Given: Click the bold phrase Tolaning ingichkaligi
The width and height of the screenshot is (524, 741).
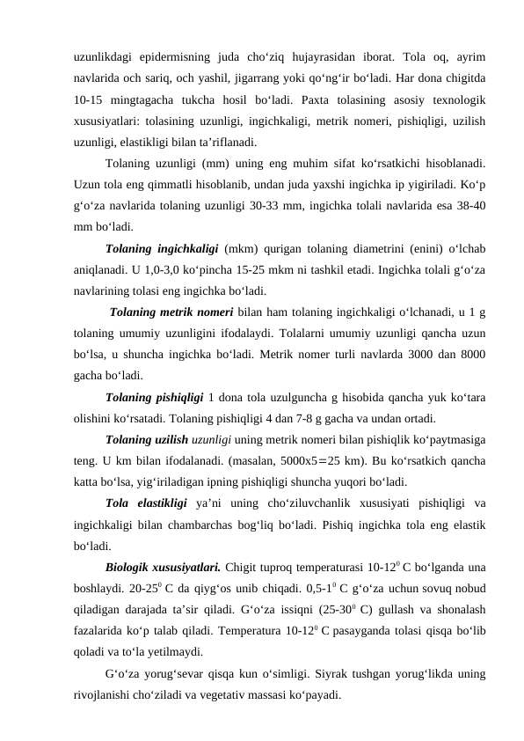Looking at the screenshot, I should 162,247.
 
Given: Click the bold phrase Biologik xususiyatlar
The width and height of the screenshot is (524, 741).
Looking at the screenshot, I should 160,567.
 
